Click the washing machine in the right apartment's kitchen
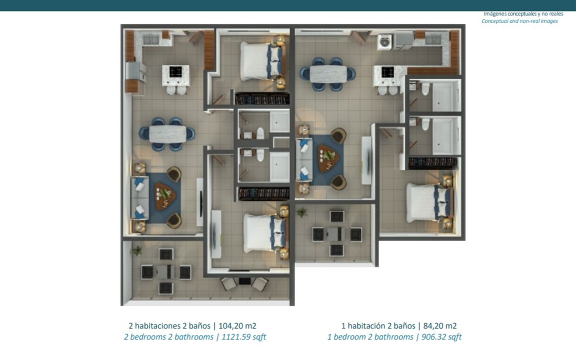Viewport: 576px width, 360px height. tap(385, 42)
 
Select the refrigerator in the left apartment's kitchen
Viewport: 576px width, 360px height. tap(136, 71)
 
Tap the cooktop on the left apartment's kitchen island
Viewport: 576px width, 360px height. tap(176, 72)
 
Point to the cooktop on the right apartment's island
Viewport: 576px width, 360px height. tap(388, 72)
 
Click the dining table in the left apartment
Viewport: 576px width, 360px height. tap(168, 134)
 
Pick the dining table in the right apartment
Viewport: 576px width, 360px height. tap(328, 74)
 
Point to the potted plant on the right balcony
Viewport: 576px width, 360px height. tap(301, 212)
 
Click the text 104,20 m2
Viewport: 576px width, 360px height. tap(237, 326)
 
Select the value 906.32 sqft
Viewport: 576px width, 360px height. tap(442, 337)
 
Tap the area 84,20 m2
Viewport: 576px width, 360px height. tap(440, 326)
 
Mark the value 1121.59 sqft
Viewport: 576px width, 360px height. tap(244, 337)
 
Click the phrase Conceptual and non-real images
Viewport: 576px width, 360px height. tap(520, 21)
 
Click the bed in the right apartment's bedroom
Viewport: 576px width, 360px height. tap(430, 203)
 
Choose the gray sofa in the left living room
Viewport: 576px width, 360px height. tap(140, 198)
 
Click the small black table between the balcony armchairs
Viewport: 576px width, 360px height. tap(244, 281)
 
